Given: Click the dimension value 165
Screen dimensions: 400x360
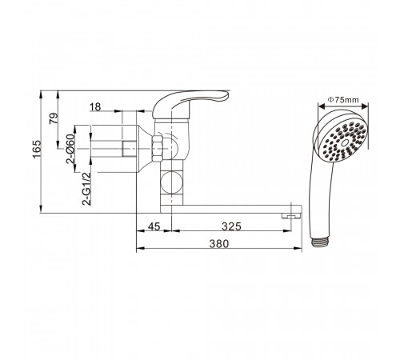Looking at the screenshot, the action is tap(37, 149).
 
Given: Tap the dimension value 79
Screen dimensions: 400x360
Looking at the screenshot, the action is tap(54, 118).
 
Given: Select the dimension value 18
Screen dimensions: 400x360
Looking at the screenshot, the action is tap(95, 107).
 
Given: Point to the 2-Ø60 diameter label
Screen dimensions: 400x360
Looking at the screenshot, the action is tap(70, 149).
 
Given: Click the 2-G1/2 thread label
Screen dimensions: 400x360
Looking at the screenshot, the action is tap(87, 189).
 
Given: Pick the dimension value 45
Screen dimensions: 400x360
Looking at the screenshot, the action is tap(154, 226).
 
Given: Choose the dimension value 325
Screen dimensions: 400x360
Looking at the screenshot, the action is tap(231, 226).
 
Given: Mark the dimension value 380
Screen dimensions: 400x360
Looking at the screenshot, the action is tap(219, 244).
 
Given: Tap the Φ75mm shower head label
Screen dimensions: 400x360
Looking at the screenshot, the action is tap(343, 100).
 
